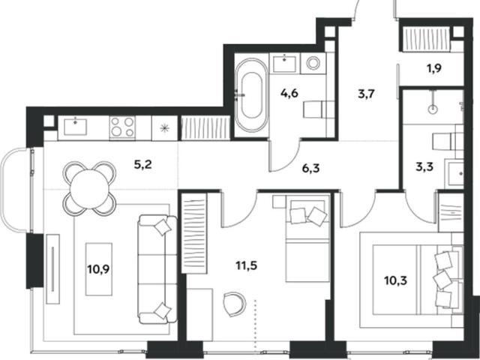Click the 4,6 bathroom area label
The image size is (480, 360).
pyautogui.click(x=289, y=93)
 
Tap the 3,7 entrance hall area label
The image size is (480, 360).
pyautogui.click(x=367, y=94)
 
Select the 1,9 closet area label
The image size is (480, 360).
pyautogui.click(x=434, y=68)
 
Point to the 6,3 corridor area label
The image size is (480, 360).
pyautogui.click(x=310, y=168)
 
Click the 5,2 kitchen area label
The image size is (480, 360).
pyautogui.click(x=143, y=165)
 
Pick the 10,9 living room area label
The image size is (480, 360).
pyautogui.click(x=98, y=269)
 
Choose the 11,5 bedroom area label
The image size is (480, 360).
pyautogui.click(x=247, y=265)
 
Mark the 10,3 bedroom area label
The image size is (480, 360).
pyautogui.click(x=395, y=280)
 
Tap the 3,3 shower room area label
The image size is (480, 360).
pyautogui.click(x=424, y=167)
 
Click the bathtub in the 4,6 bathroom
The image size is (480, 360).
pyautogui.click(x=251, y=95)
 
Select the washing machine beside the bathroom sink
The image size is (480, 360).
pyautogui.click(x=313, y=63)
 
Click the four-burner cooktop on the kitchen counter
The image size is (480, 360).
pyautogui.click(x=122, y=127)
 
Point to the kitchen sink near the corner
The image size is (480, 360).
pyautogui.click(x=75, y=127)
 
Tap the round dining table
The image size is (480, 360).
pyautogui.click(x=90, y=188)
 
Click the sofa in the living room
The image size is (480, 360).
pyautogui.click(x=157, y=269)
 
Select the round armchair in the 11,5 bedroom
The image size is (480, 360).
pyautogui.click(x=235, y=304)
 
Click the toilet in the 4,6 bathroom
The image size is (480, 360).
pyautogui.click(x=318, y=109)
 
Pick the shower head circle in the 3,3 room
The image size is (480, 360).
pyautogui.click(x=433, y=109)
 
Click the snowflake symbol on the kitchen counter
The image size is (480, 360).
pyautogui.click(x=165, y=128)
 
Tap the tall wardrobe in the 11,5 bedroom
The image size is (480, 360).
pyautogui.click(x=194, y=233)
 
